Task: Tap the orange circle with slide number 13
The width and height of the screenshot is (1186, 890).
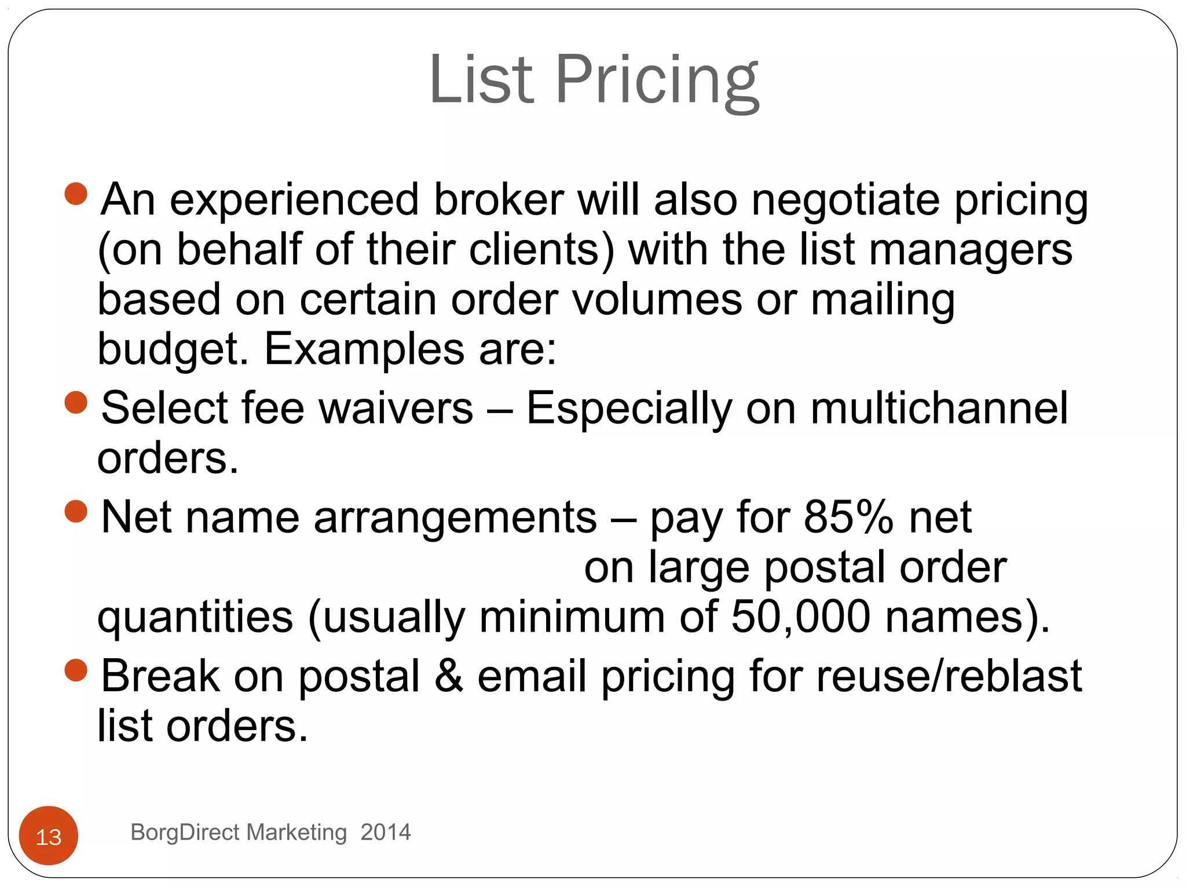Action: pos(49,836)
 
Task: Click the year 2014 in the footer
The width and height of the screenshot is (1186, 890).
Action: pos(385,832)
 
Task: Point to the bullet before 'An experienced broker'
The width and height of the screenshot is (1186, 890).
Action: pos(76,194)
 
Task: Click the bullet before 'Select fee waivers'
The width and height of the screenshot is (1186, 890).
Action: pos(76,402)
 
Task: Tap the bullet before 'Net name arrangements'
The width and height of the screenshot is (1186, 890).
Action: pos(76,511)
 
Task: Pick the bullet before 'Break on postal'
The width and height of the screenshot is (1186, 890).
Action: pos(76,670)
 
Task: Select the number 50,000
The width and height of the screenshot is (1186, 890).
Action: pos(801,617)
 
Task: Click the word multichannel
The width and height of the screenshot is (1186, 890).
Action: pos(939,408)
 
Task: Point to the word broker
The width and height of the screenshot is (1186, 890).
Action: pos(499,200)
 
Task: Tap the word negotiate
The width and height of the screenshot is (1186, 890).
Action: pos(845,200)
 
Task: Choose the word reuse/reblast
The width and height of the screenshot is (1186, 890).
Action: pos(949,676)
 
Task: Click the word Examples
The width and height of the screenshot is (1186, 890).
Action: pos(364,349)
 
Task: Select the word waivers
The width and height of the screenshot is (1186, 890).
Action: pos(396,408)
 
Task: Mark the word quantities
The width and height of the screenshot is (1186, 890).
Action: pos(195,618)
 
